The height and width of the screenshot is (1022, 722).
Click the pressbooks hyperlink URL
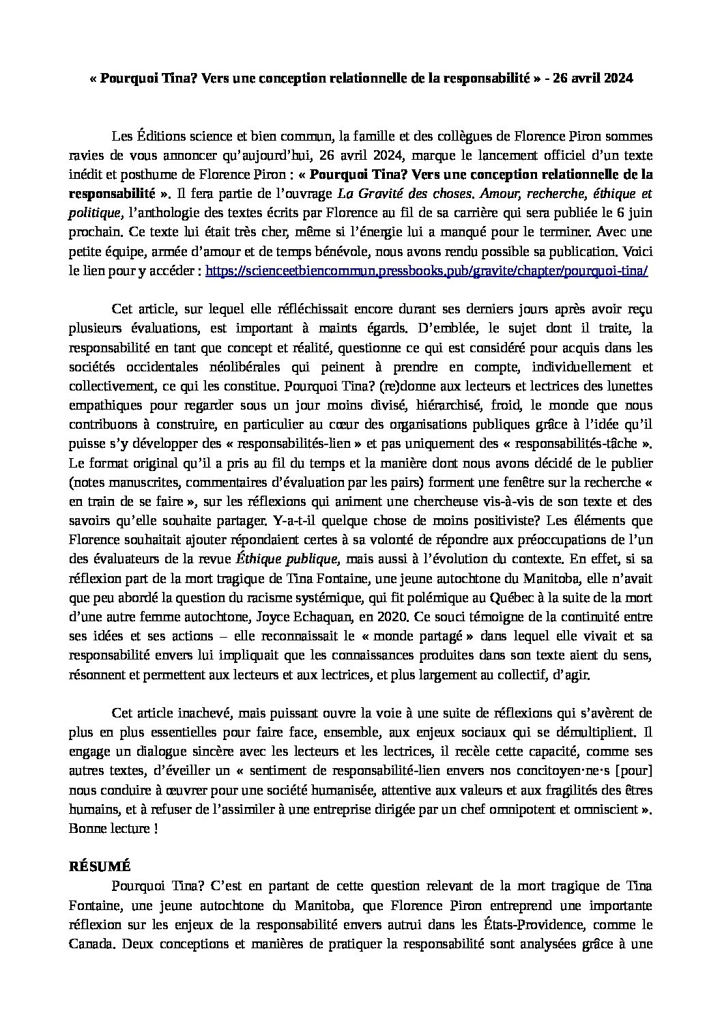tap(426, 270)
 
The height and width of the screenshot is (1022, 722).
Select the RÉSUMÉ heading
tap(100, 865)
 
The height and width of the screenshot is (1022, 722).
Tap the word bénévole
tap(336, 251)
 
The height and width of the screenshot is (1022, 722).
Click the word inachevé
tap(205, 713)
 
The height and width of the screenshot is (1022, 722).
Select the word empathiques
tap(102, 406)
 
